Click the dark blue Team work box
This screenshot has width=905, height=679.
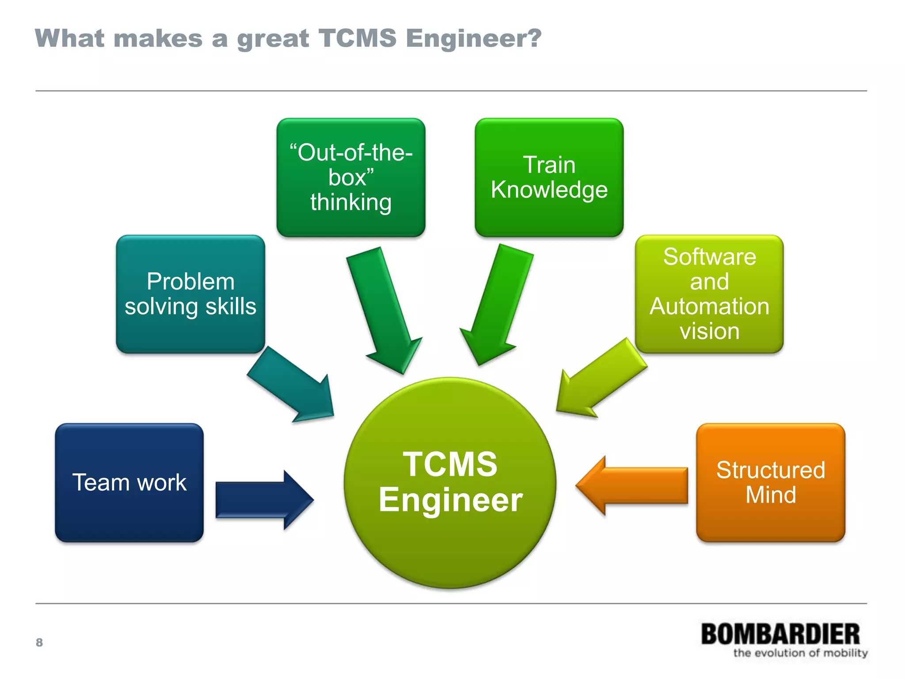click(x=129, y=482)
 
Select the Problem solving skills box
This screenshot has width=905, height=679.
click(x=190, y=294)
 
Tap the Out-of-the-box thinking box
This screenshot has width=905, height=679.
click(x=351, y=177)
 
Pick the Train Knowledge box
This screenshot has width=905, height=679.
click(x=549, y=177)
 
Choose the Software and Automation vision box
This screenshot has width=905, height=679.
click(x=709, y=294)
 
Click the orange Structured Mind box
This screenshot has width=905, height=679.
click(x=770, y=482)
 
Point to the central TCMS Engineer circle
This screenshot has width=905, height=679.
click(x=450, y=483)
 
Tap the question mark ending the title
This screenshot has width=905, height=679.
click(x=535, y=38)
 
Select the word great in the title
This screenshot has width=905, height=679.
click(x=273, y=39)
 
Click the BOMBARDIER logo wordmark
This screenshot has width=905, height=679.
click(x=780, y=634)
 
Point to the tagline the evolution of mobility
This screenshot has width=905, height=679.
click(x=800, y=653)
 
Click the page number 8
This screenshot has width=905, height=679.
click(x=39, y=642)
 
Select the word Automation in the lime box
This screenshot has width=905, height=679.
click(x=709, y=306)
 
